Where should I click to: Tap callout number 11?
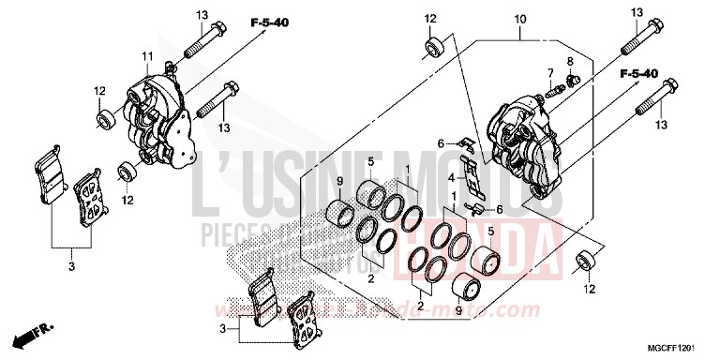pyautogui.click(x=145, y=58)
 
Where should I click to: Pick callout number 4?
pyautogui.click(x=450, y=177)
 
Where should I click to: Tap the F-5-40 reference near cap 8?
pyautogui.click(x=637, y=73)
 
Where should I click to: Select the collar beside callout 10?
pyautogui.click(x=435, y=47)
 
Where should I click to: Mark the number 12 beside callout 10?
pyautogui.click(x=430, y=19)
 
